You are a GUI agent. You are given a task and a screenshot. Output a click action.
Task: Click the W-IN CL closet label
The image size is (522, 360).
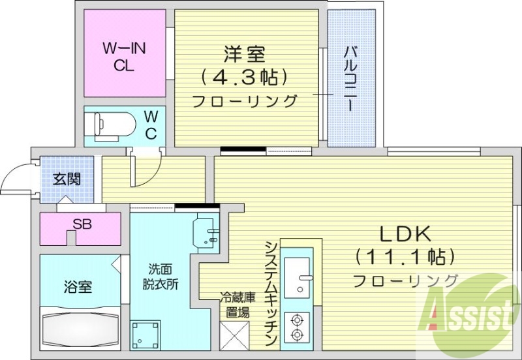click(123, 56)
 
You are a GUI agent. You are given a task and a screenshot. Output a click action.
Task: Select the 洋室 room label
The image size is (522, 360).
click(245, 52)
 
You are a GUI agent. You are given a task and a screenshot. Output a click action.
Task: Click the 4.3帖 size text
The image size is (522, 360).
click(245, 77)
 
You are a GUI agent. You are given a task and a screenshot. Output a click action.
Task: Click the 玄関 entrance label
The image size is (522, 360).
click(67, 179)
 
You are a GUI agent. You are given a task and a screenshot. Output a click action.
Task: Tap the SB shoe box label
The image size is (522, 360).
click(82, 224)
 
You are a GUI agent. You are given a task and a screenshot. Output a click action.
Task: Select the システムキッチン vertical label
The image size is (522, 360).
click(271, 293)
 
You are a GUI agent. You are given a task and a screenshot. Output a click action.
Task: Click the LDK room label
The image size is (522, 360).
click(404, 233)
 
